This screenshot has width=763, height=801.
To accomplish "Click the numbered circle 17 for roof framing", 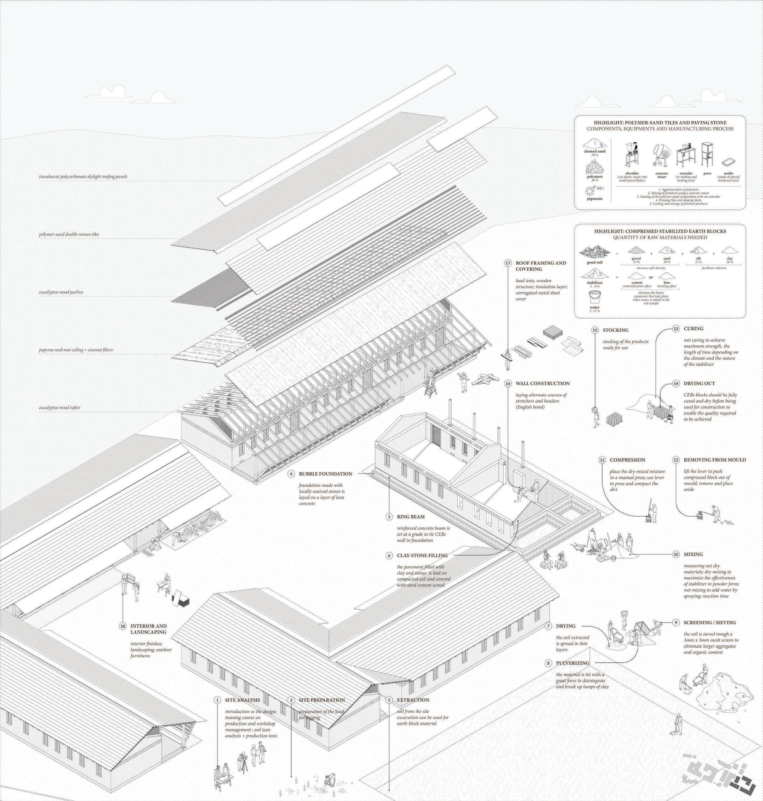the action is click(x=508, y=263).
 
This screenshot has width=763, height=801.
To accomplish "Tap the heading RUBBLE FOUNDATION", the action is click(x=325, y=473).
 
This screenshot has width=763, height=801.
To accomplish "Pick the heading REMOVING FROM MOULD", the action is click(x=715, y=460).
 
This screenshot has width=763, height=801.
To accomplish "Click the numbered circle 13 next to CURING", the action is click(x=676, y=329).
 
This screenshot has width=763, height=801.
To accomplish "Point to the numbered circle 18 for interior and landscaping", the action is click(x=123, y=626).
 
